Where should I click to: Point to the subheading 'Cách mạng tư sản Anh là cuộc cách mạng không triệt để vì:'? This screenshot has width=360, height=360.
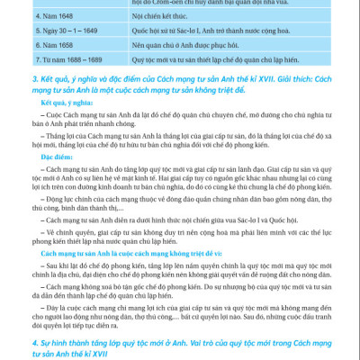click(x=117, y=255)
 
